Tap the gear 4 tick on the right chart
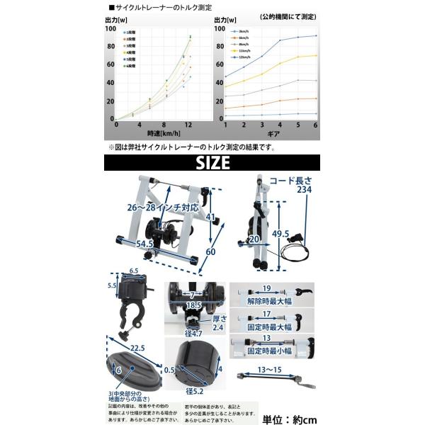point(280,125)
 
